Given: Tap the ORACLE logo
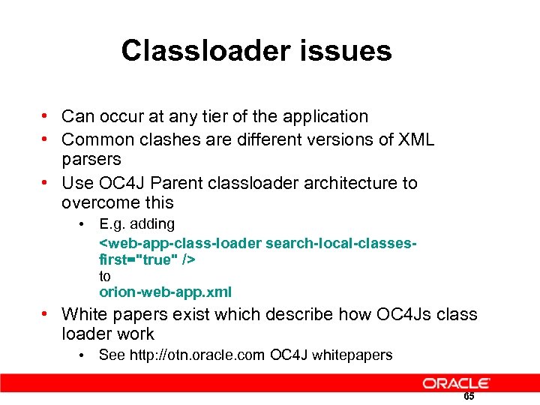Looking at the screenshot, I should [456, 383].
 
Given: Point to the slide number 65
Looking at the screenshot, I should [469, 396].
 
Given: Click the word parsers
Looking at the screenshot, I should [91, 159].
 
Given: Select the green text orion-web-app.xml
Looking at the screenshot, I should [166, 292].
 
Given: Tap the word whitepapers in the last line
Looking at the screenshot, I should [354, 355].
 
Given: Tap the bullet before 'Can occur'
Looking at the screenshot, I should [46, 116].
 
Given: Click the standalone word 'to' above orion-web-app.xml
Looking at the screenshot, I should [105, 276].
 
